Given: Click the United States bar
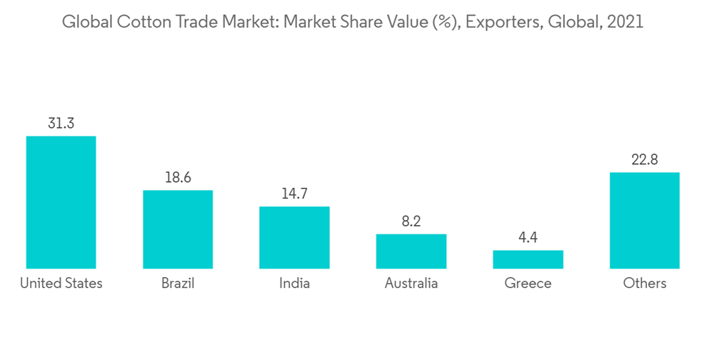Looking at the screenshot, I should pos(61,202).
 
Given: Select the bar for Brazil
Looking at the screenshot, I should pos(178,229).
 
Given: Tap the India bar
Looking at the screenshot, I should pos(294,237).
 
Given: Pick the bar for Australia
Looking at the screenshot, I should pos(411,251).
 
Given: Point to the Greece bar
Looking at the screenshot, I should pos(528,259).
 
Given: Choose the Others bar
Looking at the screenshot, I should pos(644,220).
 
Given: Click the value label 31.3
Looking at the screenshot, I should pos(61,124).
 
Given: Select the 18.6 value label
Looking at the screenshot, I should pos(178,178).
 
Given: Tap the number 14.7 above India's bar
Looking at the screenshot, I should pos(294,194).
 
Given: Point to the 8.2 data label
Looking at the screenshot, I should pos(411,222).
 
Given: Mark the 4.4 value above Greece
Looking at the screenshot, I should pos(528,238).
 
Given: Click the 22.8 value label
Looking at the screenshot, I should pos(644,160).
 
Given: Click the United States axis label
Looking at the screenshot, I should pos(61,284).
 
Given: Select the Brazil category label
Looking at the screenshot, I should pos(178,284).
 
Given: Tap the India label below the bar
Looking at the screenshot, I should pos(294,284).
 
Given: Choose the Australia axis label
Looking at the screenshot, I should pos(411,284).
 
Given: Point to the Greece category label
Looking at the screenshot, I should pos(528,284).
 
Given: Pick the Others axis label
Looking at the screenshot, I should pos(644,284).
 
